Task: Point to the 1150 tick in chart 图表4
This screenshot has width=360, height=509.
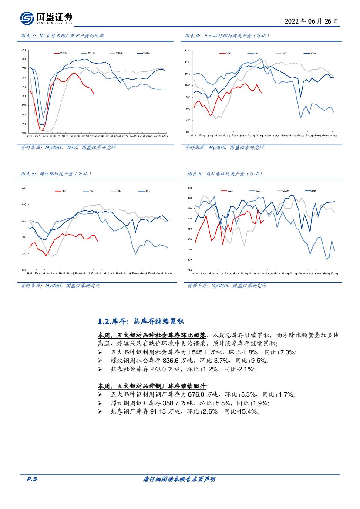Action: point(188,51)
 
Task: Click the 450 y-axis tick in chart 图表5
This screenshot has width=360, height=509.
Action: point(24,188)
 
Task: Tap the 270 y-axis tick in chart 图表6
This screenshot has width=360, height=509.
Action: point(189,270)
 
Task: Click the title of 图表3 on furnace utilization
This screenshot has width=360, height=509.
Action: point(63,36)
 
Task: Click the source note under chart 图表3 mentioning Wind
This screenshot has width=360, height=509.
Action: point(68,148)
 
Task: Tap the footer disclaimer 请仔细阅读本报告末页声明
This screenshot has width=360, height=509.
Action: point(179,479)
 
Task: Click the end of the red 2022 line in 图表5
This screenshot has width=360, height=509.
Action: point(97,241)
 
